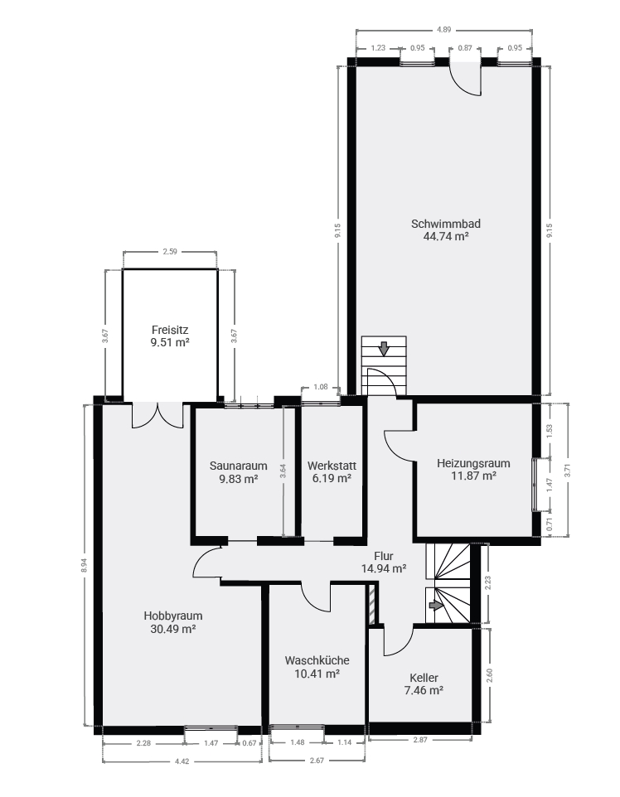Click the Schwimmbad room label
446,224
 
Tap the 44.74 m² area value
446,236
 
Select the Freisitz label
170,330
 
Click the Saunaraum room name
238,466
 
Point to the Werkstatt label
332,466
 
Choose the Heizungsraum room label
473,464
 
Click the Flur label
384,556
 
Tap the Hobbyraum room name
173,616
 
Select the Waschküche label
317,661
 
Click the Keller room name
424,678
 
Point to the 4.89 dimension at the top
444,30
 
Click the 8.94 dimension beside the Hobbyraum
85,565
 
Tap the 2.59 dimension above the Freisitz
170,252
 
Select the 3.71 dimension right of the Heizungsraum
568,471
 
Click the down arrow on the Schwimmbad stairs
384,349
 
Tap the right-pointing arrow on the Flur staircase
436,606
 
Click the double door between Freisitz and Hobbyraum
157,415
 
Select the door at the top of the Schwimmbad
465,78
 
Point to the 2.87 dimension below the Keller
420,740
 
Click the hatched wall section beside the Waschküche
372,604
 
